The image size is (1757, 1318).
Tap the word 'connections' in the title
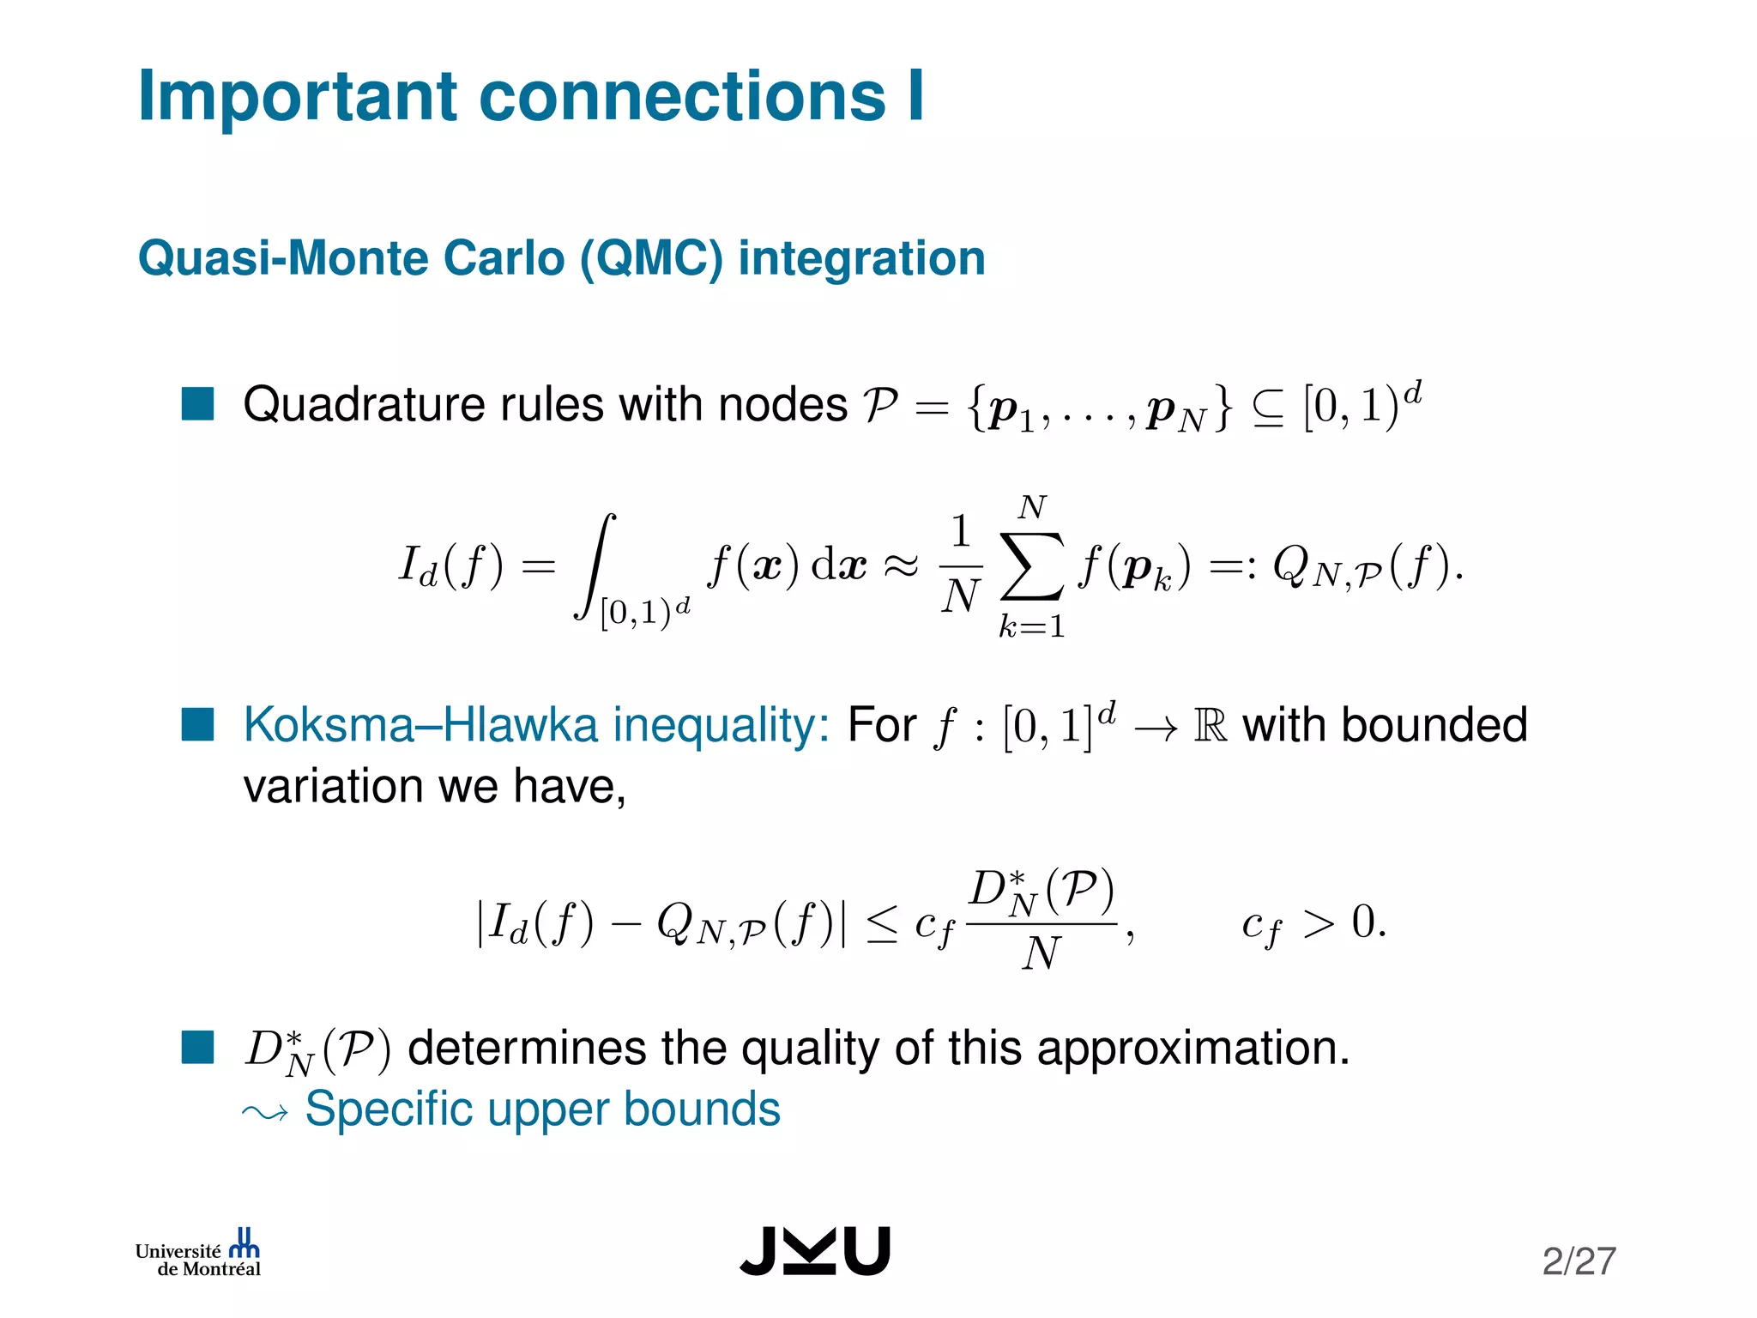[x=682, y=96]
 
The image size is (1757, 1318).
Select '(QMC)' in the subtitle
[x=651, y=258]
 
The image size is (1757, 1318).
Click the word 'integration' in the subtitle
[x=861, y=258]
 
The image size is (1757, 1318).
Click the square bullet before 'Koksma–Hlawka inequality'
[x=197, y=725]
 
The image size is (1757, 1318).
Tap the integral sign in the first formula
[x=595, y=566]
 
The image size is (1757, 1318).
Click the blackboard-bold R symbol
[x=1210, y=726]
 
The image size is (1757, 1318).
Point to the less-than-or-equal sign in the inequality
[x=882, y=925]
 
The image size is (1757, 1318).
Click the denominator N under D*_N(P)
[x=1042, y=953]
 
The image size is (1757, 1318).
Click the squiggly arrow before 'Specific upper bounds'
[x=265, y=1113]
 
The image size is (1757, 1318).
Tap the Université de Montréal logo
[x=198, y=1254]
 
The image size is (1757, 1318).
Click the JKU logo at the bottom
[x=815, y=1251]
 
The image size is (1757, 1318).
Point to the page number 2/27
[x=1579, y=1261]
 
